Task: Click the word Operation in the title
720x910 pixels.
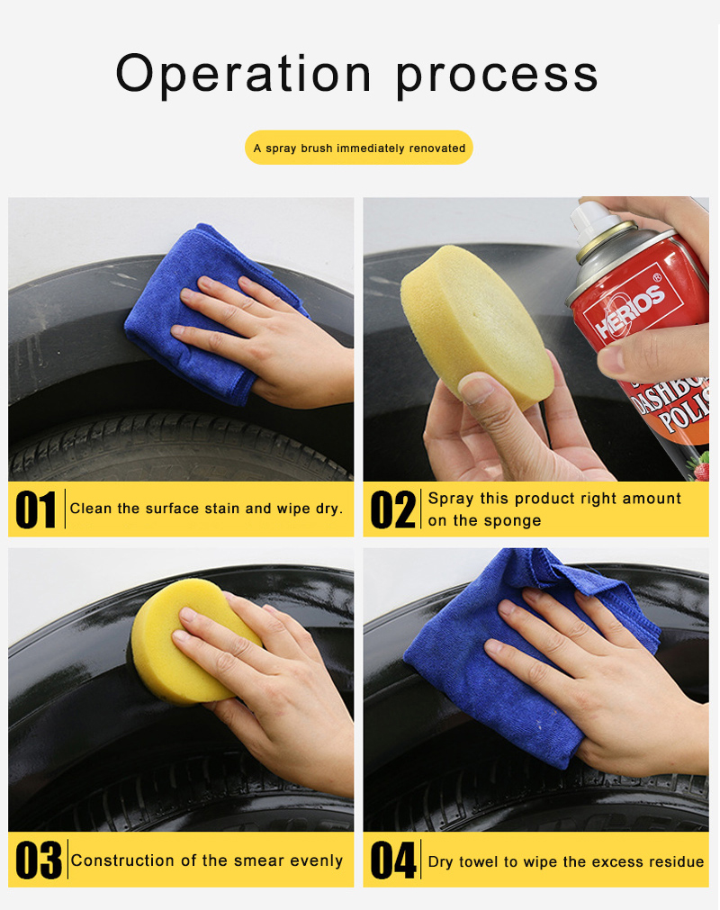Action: tap(244, 74)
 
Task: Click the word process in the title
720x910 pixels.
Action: tap(497, 77)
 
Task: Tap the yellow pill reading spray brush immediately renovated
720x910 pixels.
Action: tap(359, 148)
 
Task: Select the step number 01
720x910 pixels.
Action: tap(36, 510)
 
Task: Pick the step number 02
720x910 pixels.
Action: tap(393, 510)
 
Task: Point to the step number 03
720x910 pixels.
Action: tap(39, 860)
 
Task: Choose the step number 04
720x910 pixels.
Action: tap(393, 860)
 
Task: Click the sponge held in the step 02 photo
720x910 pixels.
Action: tap(476, 325)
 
